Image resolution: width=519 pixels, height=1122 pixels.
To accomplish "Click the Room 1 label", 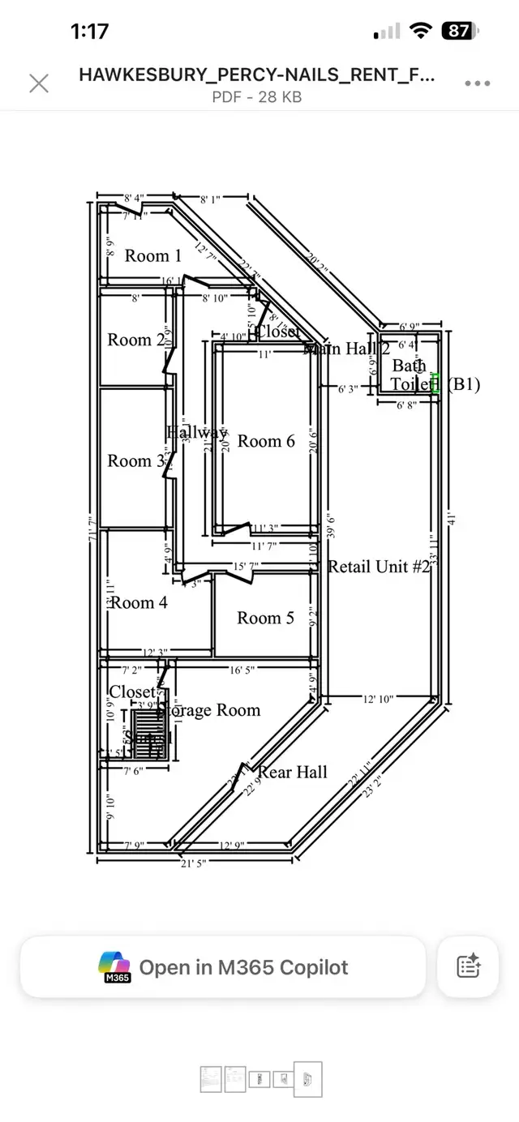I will tap(152, 256).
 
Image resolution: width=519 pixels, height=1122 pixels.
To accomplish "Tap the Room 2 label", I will tap(135, 340).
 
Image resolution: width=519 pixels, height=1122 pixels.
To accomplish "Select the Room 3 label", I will tap(135, 461).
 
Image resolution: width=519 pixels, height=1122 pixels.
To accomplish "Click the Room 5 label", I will tap(265, 618).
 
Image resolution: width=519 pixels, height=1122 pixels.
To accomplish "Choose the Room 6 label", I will tap(266, 441).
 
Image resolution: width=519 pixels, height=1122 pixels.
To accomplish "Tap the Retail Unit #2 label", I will tap(379, 566).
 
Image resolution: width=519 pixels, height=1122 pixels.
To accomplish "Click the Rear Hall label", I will tap(293, 772).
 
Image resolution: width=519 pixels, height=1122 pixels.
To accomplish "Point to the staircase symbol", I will tap(148, 734).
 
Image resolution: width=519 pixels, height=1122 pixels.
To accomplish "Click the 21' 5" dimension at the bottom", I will tap(192, 863).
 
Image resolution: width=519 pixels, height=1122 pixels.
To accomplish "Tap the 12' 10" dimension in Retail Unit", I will tap(378, 698).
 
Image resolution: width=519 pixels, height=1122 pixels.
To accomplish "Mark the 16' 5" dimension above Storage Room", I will tap(242, 670).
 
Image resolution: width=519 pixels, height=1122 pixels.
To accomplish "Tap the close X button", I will tap(39, 83).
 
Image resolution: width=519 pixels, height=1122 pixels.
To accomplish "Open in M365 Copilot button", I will tap(223, 967).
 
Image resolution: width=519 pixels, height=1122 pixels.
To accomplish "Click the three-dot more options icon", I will tap(477, 83).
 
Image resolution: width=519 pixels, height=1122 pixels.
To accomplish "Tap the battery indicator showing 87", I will tap(460, 32).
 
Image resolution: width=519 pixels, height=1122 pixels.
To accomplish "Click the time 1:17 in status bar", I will tap(89, 32).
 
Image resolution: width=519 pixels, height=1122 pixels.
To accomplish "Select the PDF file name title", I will tap(256, 75).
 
